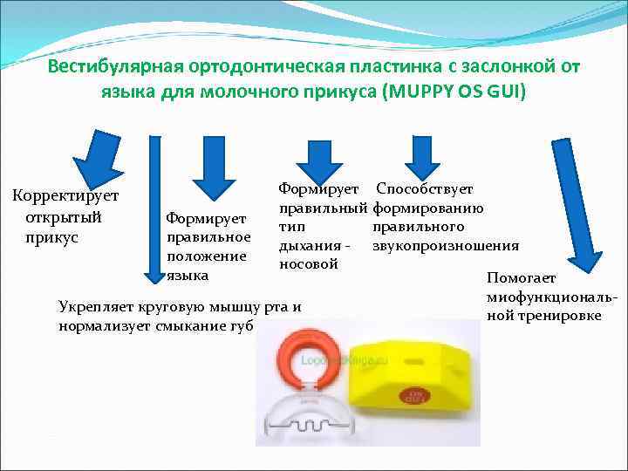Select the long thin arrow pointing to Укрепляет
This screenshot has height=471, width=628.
pos(156,209)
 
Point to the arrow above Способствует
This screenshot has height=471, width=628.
pos(424,155)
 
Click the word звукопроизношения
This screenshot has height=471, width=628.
pos(445,246)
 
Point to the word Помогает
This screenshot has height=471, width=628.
pos(521,279)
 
